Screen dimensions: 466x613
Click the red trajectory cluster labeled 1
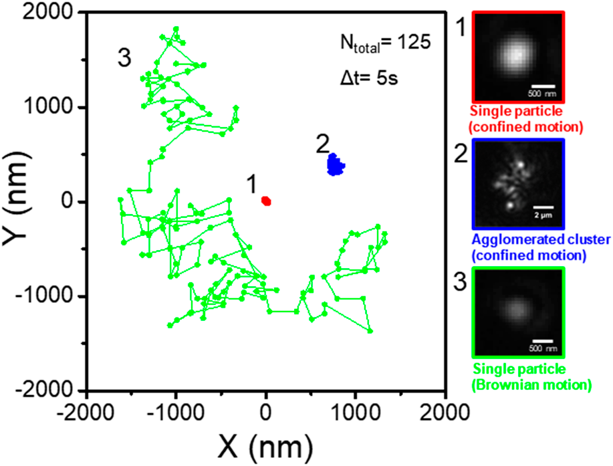(266, 201)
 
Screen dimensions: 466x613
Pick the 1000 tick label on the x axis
(356, 410)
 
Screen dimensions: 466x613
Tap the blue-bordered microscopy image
(518, 185)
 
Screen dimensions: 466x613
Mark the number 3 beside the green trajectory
(124, 59)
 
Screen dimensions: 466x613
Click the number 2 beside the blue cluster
(323, 142)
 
